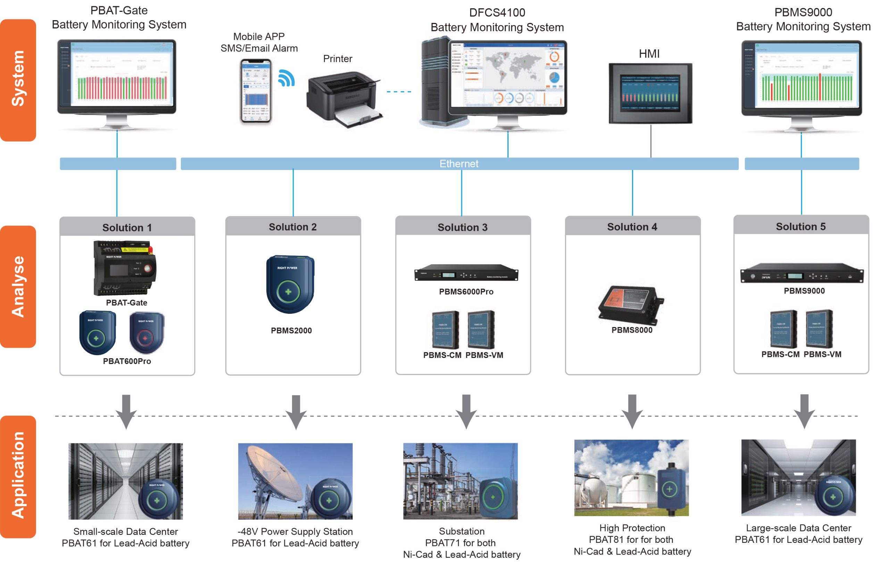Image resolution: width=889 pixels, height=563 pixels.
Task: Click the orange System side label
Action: [x=18, y=80]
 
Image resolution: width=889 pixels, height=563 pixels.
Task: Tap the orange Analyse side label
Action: [x=18, y=286]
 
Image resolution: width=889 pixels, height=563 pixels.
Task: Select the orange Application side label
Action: [x=18, y=476]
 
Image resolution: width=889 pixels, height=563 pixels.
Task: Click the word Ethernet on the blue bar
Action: [x=458, y=164]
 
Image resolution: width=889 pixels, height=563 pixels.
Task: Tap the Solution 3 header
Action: [x=463, y=227]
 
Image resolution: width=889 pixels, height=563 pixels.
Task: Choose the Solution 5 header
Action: [x=800, y=227]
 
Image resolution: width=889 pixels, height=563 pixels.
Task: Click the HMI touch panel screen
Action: [x=650, y=93]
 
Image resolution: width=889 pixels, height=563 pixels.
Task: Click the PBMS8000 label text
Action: [x=632, y=330]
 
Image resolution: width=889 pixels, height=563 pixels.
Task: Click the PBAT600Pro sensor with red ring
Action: [x=147, y=333]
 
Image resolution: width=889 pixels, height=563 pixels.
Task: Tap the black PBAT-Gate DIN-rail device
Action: [x=125, y=268]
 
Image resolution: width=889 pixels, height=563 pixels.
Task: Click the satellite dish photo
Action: [x=295, y=481]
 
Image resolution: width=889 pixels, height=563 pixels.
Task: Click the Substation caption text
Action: [x=462, y=531]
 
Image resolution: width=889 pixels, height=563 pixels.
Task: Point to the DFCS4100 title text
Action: [x=497, y=13]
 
